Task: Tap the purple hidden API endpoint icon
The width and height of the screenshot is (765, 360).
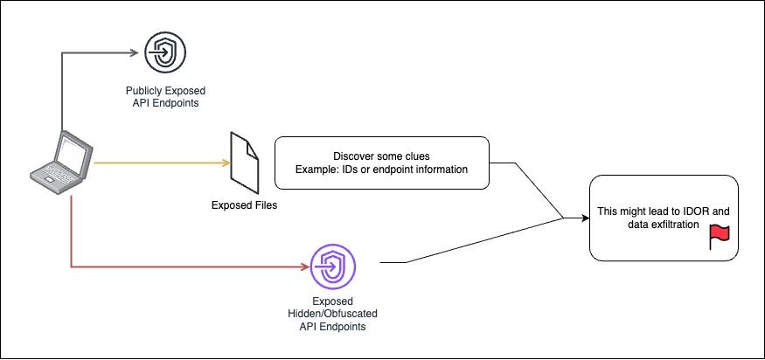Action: click(332, 263)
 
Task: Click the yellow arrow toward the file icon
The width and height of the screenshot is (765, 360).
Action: click(157, 163)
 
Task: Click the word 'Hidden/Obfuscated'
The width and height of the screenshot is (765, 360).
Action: click(331, 313)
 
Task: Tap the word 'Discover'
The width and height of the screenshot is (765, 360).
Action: click(353, 155)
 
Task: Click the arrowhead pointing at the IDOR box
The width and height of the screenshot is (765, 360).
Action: click(584, 218)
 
